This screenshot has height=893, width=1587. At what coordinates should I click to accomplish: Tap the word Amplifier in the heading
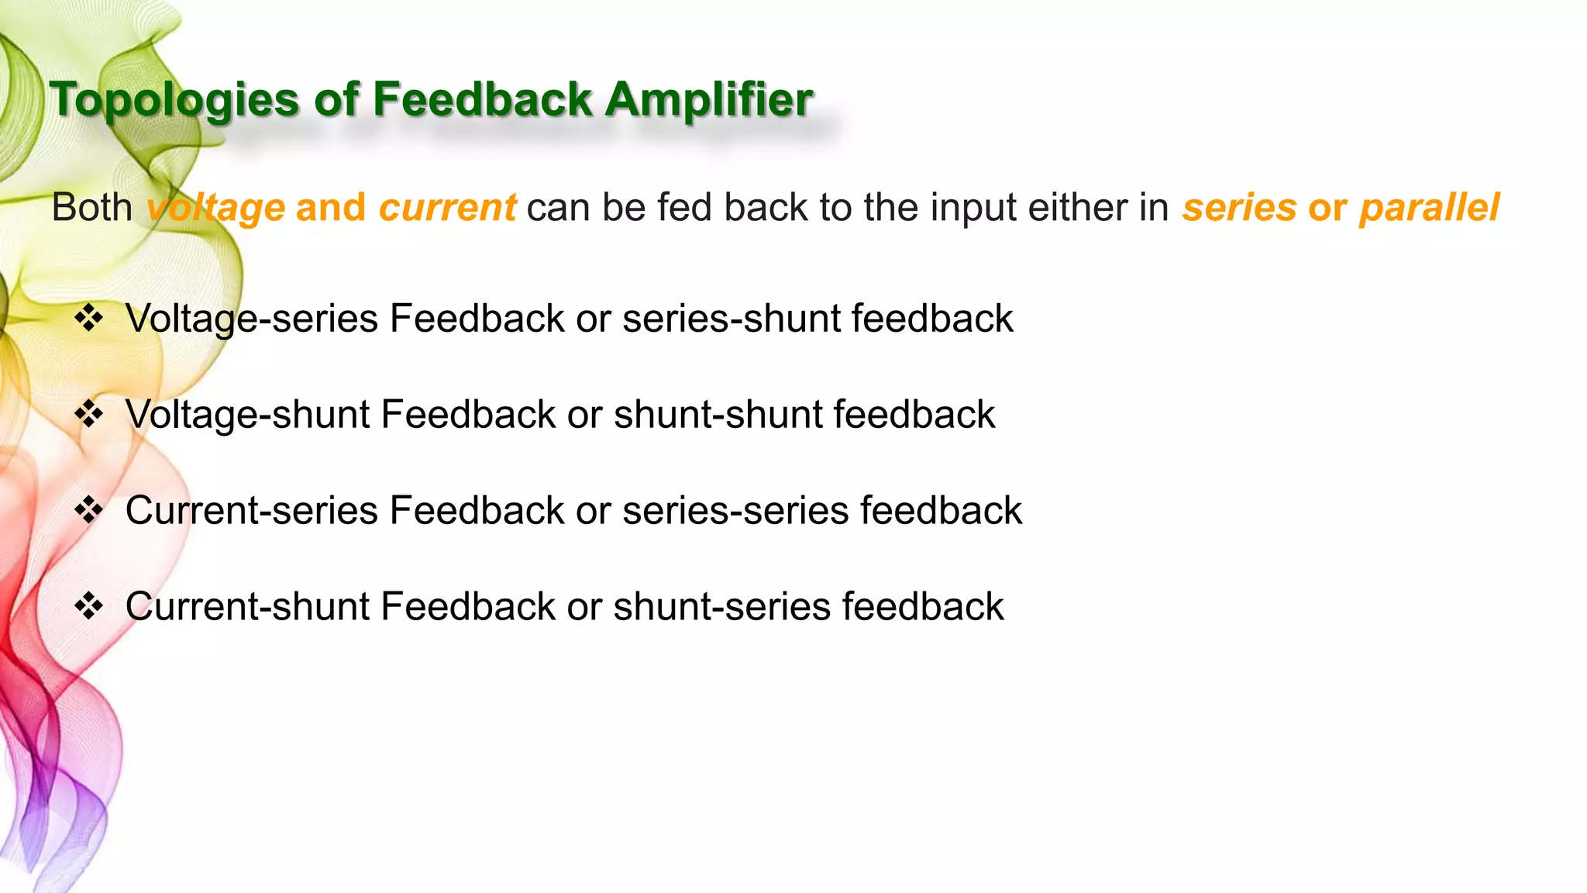tap(709, 101)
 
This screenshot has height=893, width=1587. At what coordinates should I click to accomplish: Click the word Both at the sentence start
tap(92, 208)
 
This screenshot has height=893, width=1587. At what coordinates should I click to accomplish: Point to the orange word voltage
tap(216, 208)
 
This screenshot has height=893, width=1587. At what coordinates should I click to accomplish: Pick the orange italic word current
tap(447, 208)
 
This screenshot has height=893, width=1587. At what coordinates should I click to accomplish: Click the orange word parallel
tap(1430, 208)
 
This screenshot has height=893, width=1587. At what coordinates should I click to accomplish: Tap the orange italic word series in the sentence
tap(1238, 208)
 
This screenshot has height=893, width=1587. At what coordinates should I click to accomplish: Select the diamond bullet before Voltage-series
tap(89, 319)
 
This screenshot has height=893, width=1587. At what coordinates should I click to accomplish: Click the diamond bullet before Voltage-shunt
tap(89, 415)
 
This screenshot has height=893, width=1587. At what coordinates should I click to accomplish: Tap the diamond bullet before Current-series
tap(89, 511)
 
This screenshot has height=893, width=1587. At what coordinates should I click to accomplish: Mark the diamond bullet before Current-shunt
tap(89, 606)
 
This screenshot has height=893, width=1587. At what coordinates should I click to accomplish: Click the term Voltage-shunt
tap(248, 415)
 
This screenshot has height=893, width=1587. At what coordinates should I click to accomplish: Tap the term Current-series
tap(252, 511)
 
